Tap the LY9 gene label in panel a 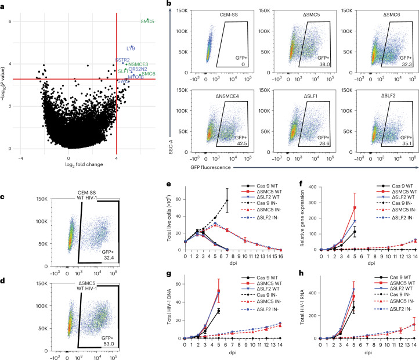tap(131, 48)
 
